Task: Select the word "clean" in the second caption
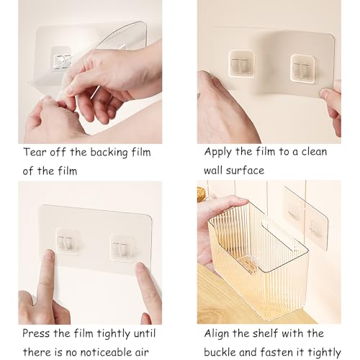(x=314, y=152)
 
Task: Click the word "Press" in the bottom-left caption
(x=36, y=333)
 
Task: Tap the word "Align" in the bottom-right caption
(x=217, y=334)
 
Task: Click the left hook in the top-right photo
(x=241, y=63)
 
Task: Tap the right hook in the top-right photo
(x=302, y=69)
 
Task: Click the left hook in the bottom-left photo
(x=68, y=242)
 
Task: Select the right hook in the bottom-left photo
(x=122, y=248)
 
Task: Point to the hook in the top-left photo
(x=62, y=60)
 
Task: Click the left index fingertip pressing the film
(x=50, y=255)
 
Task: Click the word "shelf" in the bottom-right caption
(x=264, y=333)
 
